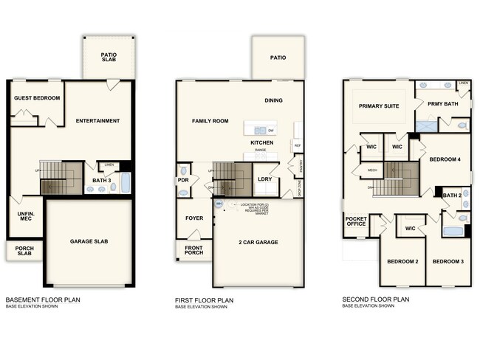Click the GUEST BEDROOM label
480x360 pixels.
tap(36, 98)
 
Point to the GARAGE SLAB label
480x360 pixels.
tap(90, 241)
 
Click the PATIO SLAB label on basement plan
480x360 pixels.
tap(108, 57)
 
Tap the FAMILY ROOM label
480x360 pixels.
tap(210, 121)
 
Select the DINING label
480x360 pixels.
tap(274, 100)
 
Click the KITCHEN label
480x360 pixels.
tap(262, 142)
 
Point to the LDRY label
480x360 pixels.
tap(263, 179)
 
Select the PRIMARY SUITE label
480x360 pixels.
tap(379, 106)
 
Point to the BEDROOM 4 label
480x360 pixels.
tap(445, 159)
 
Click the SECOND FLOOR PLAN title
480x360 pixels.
tap(374, 300)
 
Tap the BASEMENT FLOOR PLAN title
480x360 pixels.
tap(42, 300)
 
